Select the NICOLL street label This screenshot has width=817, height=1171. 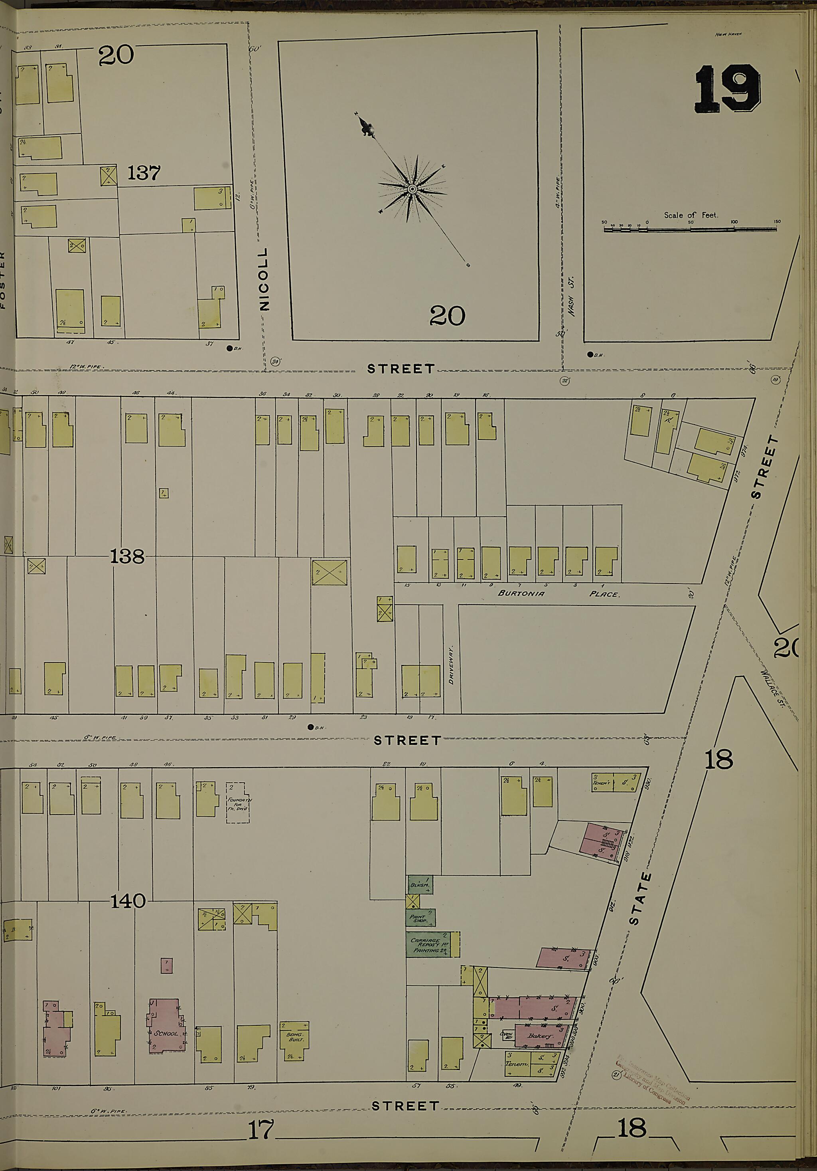coord(264,279)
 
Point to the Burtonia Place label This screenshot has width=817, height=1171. coord(558,593)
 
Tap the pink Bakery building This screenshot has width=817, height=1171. coord(541,1036)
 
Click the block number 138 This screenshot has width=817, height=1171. coord(127,556)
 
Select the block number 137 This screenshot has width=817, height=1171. coord(144,173)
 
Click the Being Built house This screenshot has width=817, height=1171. coord(294,1040)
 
